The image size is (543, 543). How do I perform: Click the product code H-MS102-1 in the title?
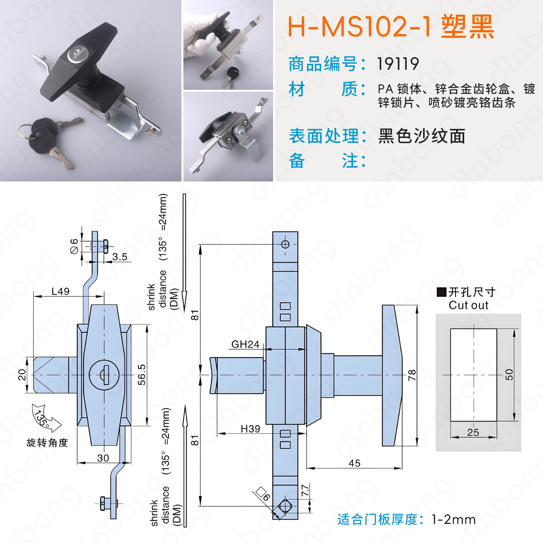click(x=359, y=27)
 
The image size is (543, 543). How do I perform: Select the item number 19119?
click(x=398, y=64)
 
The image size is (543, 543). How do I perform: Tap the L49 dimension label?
click(x=60, y=291)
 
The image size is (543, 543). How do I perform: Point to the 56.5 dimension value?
click(x=142, y=375)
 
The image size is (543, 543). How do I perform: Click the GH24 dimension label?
click(x=245, y=344)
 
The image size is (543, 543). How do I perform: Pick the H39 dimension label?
click(x=250, y=429)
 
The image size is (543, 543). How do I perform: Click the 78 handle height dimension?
click(x=412, y=375)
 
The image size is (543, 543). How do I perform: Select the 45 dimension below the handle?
click(x=354, y=463)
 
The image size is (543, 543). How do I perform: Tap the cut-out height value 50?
click(x=509, y=375)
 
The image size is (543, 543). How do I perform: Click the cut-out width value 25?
click(x=473, y=432)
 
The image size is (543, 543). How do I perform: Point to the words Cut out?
click(x=468, y=305)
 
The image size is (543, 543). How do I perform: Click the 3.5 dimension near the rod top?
click(x=120, y=257)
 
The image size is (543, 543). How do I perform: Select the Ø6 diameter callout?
click(x=74, y=246)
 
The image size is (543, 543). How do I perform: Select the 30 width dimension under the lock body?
click(x=103, y=458)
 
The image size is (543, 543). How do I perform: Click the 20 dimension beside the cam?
click(x=22, y=375)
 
